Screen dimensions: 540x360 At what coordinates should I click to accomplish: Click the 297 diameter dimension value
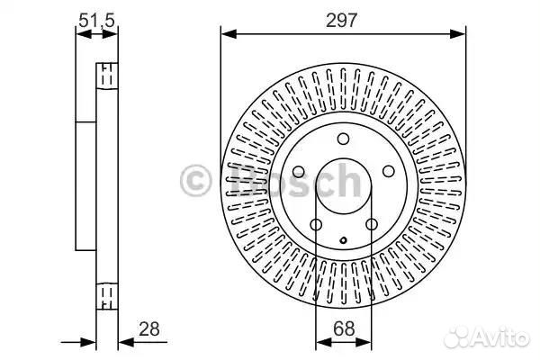click(x=342, y=21)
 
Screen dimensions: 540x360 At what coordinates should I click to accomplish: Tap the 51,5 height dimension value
click(x=96, y=21)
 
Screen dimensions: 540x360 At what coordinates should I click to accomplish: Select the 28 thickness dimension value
click(x=149, y=329)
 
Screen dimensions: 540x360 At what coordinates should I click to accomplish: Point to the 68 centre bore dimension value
click(x=344, y=328)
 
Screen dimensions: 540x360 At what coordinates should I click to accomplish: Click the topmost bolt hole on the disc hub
click(x=343, y=139)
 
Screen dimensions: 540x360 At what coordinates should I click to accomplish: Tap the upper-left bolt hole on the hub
click(x=298, y=172)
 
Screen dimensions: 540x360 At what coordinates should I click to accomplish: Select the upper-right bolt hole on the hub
click(x=389, y=171)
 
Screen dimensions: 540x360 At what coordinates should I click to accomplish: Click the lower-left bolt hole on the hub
click(x=316, y=225)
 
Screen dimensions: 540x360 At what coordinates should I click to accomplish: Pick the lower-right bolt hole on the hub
click(x=372, y=225)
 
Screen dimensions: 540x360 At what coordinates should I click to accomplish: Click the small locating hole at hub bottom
click(x=344, y=240)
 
